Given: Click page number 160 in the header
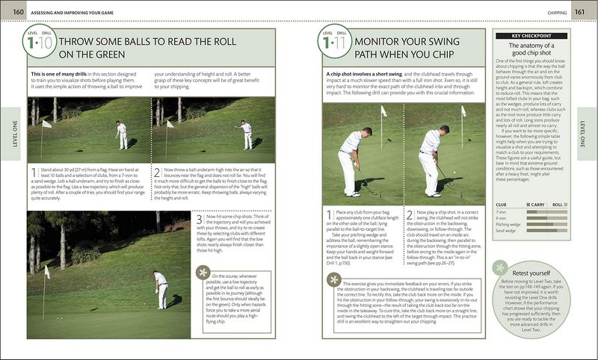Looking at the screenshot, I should pos(13,10).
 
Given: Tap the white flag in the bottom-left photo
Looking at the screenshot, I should pos(46,272).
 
